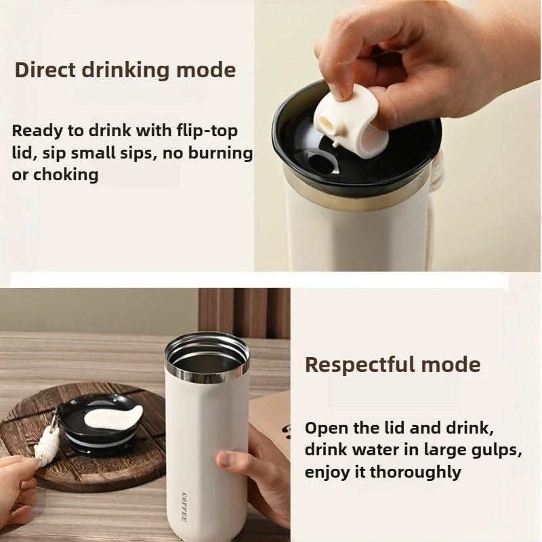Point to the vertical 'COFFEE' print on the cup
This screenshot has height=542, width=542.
tap(185, 505)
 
